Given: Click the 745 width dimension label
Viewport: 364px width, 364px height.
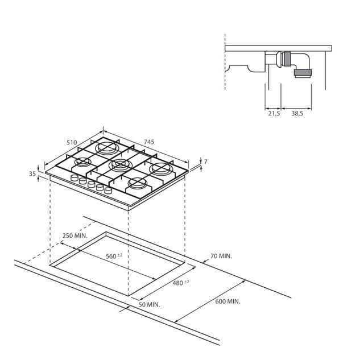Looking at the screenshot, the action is click(x=149, y=142).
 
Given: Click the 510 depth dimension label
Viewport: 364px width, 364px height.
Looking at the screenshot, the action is click(x=72, y=142).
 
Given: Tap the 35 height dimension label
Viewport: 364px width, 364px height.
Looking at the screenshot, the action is click(x=32, y=173).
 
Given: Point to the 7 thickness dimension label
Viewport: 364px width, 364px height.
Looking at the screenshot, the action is click(x=205, y=162).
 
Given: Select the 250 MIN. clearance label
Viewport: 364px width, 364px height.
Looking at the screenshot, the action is click(x=75, y=235).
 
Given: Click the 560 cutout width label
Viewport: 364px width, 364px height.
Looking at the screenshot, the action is click(x=114, y=256).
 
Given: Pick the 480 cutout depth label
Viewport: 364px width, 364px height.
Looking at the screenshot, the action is click(x=181, y=283).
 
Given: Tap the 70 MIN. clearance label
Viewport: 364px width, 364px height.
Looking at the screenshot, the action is click(x=221, y=256).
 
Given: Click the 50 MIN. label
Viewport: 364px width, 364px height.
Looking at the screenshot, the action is click(x=149, y=305).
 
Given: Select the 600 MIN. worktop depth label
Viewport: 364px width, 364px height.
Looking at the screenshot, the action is click(x=227, y=301).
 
